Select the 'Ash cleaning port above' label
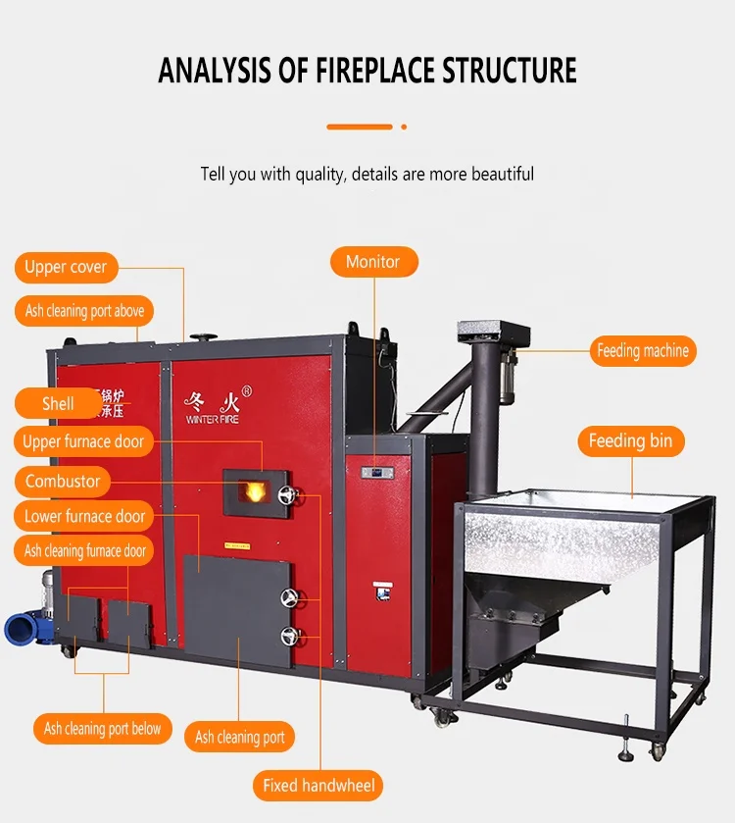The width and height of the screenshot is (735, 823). point(84,311)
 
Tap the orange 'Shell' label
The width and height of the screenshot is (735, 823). point(58,403)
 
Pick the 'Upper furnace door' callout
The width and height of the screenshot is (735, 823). point(83,441)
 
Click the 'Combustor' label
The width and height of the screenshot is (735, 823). point(63,481)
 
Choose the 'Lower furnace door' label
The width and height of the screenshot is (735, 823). point(84,516)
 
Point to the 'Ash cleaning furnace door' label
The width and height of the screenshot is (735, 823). point(85,551)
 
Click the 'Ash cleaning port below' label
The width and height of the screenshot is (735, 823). point(102,729)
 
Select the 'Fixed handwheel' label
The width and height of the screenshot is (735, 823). point(318,785)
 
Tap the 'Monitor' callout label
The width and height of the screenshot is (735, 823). point(372,262)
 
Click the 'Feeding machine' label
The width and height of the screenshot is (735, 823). point(643,350)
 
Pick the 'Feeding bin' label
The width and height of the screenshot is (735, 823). point(630,441)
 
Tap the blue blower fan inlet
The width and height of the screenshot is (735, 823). point(18,628)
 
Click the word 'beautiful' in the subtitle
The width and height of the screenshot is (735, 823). point(502,174)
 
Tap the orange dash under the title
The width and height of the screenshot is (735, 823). point(359,127)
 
